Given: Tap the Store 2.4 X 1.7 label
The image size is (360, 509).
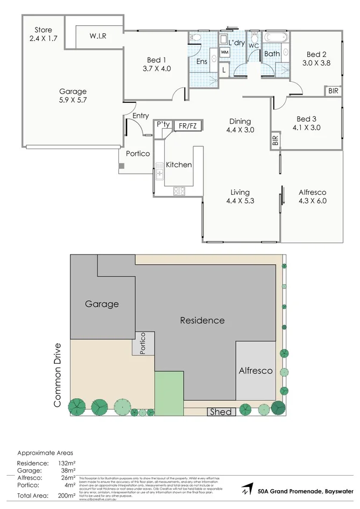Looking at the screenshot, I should [x=43, y=34].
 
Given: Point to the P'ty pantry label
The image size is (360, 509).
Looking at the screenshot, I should [x=163, y=125].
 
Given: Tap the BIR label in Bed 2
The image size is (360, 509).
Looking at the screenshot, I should [x=334, y=91].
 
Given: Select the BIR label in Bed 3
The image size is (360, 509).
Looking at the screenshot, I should [x=276, y=140].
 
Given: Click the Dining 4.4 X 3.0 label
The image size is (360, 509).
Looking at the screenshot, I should [x=240, y=125].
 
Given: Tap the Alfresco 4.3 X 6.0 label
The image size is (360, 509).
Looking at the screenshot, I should [x=312, y=196].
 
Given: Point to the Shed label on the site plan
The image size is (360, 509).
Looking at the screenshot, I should [x=221, y=412].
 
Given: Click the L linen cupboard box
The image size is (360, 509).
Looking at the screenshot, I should [x=224, y=69].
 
